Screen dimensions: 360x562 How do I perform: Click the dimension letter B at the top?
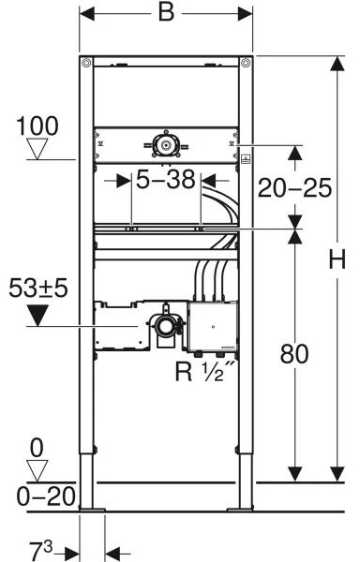point(166,13)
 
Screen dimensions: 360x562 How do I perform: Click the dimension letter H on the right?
point(337,259)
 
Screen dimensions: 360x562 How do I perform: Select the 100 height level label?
point(37,126)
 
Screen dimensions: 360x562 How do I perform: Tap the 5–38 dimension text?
point(166,180)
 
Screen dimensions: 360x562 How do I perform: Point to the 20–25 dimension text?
point(294,188)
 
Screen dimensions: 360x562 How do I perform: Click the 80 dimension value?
point(294,354)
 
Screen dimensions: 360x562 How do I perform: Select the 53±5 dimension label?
point(38,288)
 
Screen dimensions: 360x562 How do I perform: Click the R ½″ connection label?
point(205,371)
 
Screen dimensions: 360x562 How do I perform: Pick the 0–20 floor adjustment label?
point(47,496)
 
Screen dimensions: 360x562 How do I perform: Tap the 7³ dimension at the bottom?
point(40,552)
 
